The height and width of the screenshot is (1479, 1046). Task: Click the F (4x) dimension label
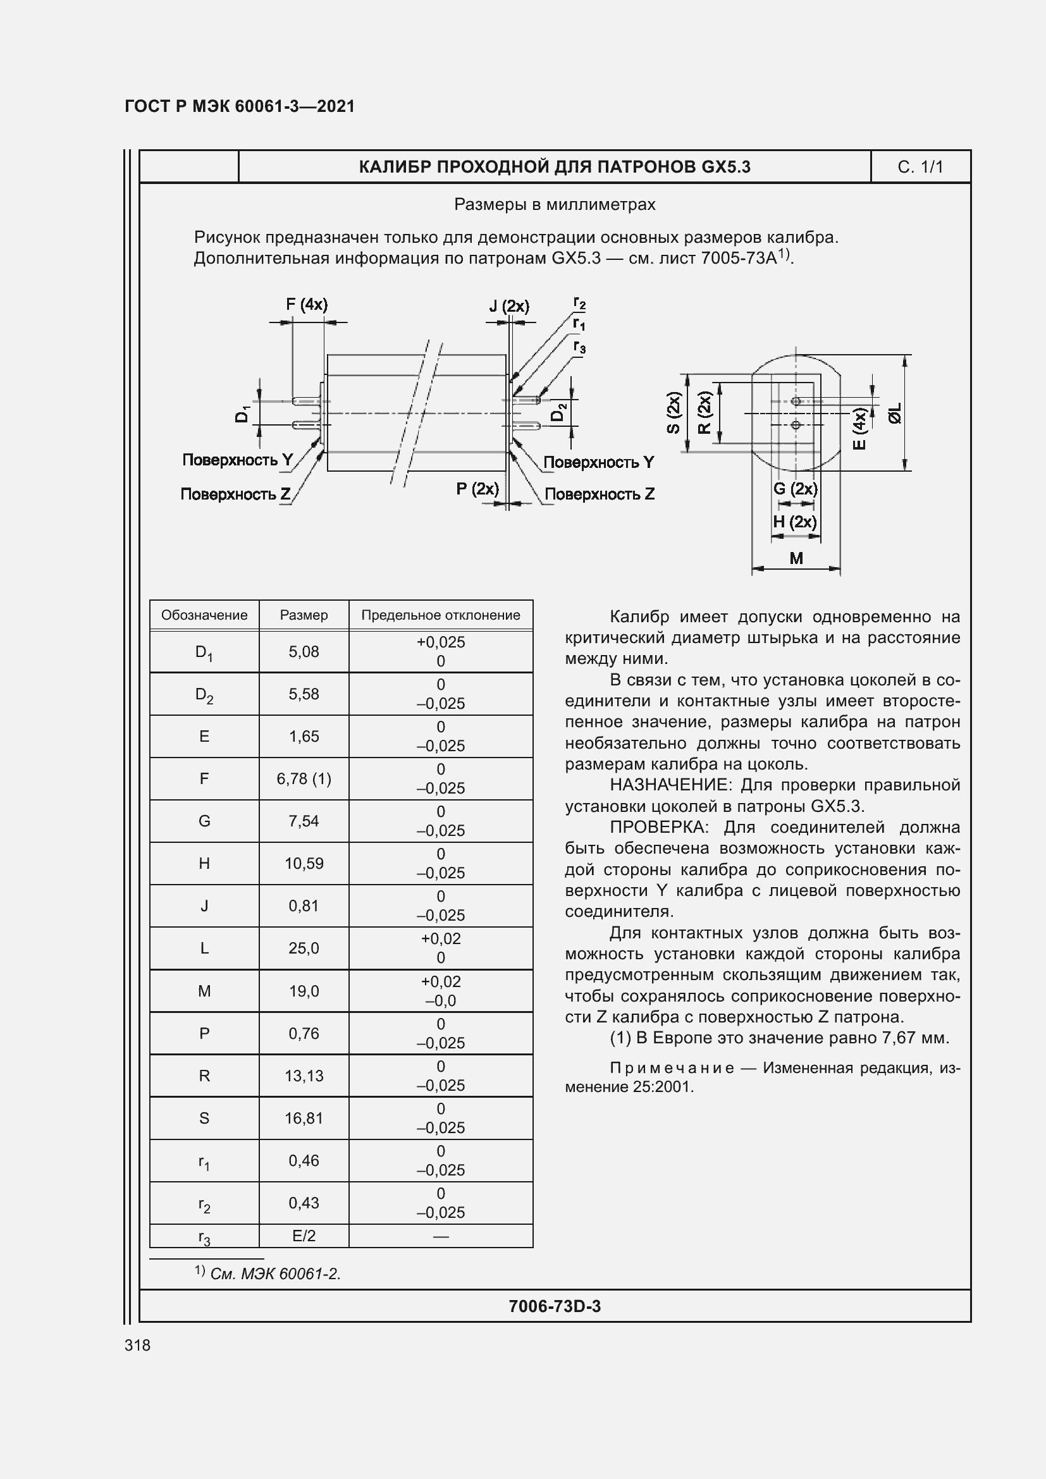pyautogui.click(x=307, y=304)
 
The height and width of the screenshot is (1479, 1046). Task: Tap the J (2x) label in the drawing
pyautogui.click(x=509, y=306)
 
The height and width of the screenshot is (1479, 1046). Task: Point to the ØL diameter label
pyautogui.click(x=895, y=413)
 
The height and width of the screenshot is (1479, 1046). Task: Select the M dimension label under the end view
pyautogui.click(x=796, y=558)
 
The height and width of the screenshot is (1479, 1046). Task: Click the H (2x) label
pyautogui.click(x=795, y=521)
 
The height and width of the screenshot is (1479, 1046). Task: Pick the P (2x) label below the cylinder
pyautogui.click(x=477, y=488)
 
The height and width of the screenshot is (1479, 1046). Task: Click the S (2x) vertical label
pyautogui.click(x=674, y=413)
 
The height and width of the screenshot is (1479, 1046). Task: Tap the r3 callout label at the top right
pyautogui.click(x=580, y=347)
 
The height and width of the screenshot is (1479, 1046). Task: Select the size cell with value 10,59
pyautogui.click(x=304, y=863)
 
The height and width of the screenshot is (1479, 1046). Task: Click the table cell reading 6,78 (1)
pyautogui.click(x=304, y=779)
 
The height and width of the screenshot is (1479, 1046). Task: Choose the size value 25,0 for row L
pyautogui.click(x=304, y=948)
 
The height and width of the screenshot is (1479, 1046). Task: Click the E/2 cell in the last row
pyautogui.click(x=304, y=1236)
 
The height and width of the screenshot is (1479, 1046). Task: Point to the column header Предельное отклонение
pyautogui.click(x=441, y=615)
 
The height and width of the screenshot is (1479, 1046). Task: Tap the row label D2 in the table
pyautogui.click(x=204, y=694)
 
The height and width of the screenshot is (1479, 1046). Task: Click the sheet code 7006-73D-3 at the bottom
pyautogui.click(x=555, y=1306)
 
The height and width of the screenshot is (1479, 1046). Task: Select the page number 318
pyautogui.click(x=137, y=1345)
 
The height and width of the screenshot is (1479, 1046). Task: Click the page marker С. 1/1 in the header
pyautogui.click(x=920, y=168)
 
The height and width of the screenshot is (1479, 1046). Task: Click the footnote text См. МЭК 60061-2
pyautogui.click(x=275, y=1273)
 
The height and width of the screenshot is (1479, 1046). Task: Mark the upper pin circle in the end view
pyautogui.click(x=796, y=402)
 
